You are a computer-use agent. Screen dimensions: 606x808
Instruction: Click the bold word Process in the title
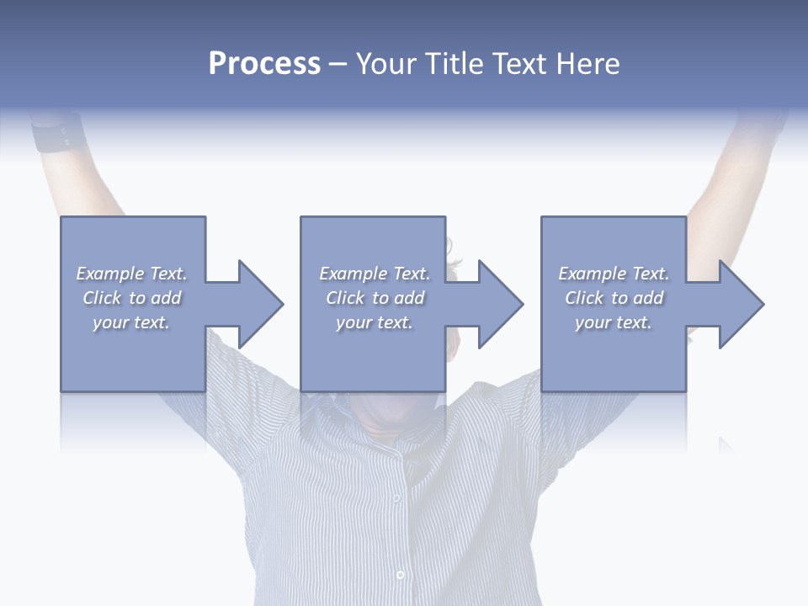tap(264, 64)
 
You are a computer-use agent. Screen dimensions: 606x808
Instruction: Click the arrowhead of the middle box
tap(500, 304)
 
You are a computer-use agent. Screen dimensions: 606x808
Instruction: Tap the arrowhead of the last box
tap(741, 304)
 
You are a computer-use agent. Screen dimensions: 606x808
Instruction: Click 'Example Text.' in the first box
tap(131, 274)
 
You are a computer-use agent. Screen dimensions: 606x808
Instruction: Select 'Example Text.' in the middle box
tap(375, 274)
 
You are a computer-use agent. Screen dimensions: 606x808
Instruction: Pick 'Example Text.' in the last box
tap(614, 274)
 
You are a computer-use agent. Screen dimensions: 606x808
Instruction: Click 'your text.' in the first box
tap(131, 322)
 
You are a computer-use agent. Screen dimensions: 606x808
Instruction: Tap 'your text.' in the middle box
tap(375, 322)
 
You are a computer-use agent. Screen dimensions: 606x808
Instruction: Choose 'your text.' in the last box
tap(614, 322)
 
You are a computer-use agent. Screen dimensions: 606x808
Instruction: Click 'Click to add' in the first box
tap(131, 298)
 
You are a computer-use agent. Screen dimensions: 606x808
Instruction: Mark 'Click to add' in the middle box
tap(375, 298)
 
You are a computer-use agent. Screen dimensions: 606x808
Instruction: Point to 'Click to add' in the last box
tap(614, 298)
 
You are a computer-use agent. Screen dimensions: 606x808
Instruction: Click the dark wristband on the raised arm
tap(59, 135)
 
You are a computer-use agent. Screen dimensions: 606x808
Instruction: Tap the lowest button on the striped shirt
tap(400, 575)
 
